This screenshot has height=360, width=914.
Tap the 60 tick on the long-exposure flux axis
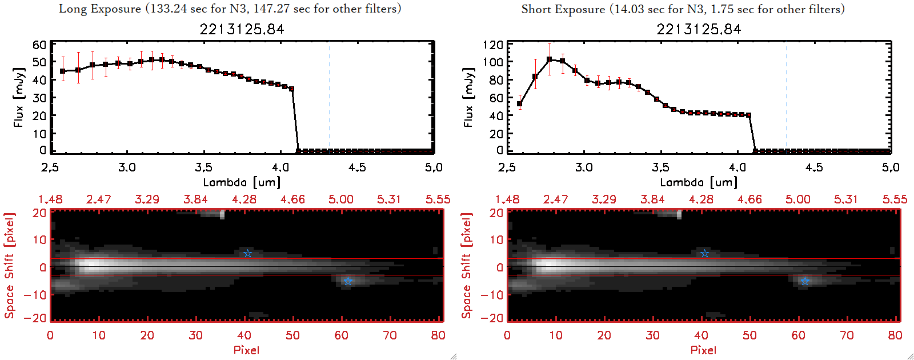click(39, 45)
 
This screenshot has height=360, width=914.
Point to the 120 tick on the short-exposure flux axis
click(492, 45)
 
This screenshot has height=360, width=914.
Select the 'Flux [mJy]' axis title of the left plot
click(19, 98)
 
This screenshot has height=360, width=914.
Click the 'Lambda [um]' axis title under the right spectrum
click(699, 182)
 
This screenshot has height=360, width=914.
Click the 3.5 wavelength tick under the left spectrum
click(203, 167)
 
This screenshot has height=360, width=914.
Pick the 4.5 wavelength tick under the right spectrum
click(814, 167)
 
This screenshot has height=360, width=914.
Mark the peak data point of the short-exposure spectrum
click(550, 59)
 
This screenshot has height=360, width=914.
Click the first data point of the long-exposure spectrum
click(63, 71)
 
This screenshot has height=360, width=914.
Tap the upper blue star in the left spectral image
click(247, 253)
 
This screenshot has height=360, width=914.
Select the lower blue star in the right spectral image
click(804, 281)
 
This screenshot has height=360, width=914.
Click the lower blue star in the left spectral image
click(347, 281)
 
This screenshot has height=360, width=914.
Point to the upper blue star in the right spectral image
click(704, 253)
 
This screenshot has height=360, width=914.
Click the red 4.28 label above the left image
click(244, 199)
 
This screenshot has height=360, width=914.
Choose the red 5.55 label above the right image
click(895, 199)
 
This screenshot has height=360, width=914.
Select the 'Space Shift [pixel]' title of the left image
click(10, 266)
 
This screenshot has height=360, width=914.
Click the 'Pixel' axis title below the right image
click(703, 350)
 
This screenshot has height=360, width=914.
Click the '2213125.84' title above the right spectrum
click(699, 29)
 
